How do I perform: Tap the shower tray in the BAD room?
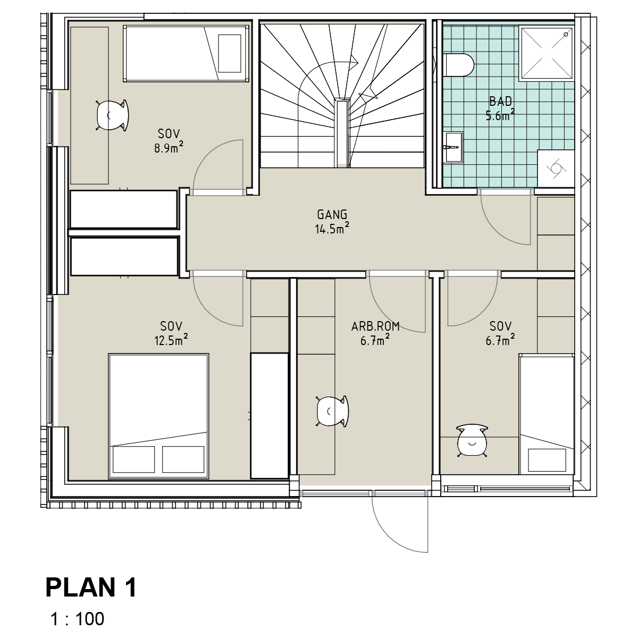click(x=547, y=53)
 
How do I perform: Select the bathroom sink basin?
click(x=453, y=147)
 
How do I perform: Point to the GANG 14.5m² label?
click(x=332, y=222)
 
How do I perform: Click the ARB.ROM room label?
click(x=375, y=327)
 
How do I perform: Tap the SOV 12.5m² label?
click(x=171, y=333)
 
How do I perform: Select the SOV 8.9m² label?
click(x=169, y=141)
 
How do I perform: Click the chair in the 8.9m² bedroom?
click(x=112, y=115)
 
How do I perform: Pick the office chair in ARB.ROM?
click(x=332, y=412)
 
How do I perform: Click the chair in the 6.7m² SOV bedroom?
click(x=472, y=441)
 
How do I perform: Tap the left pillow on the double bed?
click(x=133, y=459)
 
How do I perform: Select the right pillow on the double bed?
click(x=183, y=459)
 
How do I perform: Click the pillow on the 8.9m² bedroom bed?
click(x=230, y=53)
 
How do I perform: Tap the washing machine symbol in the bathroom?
click(x=556, y=169)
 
